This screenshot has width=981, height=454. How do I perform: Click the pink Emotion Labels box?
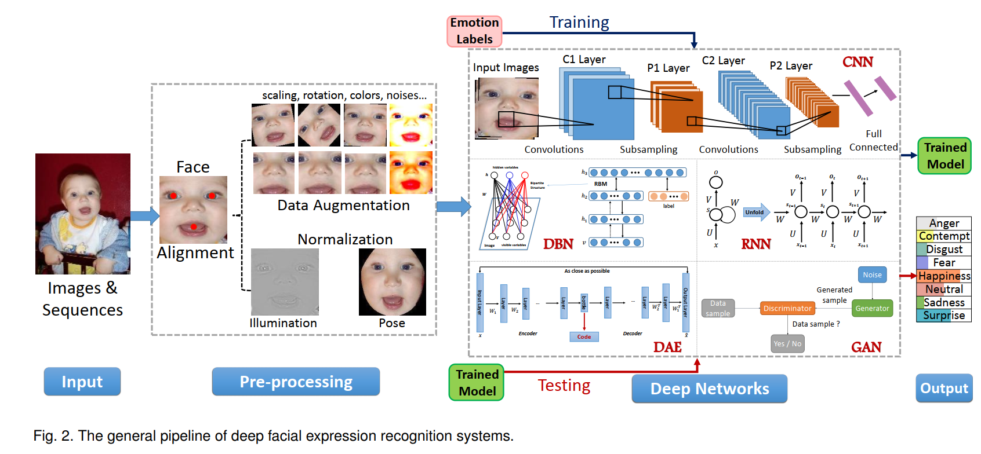click(474, 31)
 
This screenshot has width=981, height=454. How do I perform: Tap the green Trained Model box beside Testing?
click(477, 383)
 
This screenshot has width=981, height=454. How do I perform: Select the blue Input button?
click(82, 382)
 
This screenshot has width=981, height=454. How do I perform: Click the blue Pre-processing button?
click(296, 382)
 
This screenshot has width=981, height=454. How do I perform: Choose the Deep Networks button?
click(709, 389)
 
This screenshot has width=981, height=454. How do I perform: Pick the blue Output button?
click(944, 388)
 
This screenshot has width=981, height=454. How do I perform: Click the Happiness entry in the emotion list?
click(944, 276)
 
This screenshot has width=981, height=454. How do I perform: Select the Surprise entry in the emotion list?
click(944, 316)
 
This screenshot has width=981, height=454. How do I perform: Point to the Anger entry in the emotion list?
click(944, 223)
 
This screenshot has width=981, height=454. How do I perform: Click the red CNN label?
click(858, 62)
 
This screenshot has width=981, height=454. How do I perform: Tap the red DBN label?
click(558, 244)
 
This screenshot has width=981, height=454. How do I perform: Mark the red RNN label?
click(755, 244)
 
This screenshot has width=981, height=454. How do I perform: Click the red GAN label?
click(866, 347)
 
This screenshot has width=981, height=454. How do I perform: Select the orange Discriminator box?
click(787, 309)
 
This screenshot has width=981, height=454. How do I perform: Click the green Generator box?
click(872, 309)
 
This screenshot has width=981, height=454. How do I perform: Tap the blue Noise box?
click(872, 275)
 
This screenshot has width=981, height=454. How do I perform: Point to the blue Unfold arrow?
click(756, 213)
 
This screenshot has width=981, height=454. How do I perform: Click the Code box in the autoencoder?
click(584, 336)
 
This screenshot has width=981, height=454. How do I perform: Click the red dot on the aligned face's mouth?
click(194, 226)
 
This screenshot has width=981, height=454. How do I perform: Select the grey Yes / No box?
click(787, 343)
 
